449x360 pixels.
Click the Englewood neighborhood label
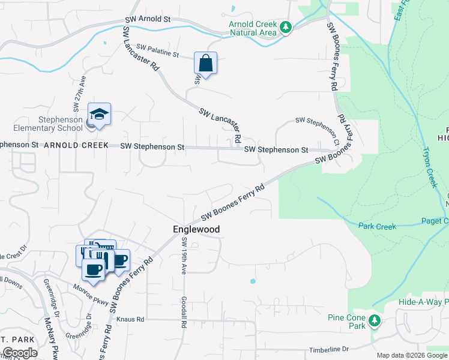tap(196, 229)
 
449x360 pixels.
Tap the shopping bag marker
tap(205, 64)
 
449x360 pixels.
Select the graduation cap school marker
tap(100, 115)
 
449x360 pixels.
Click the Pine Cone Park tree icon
tap(375, 320)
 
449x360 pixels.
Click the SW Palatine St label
tap(158, 50)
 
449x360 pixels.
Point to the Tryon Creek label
tap(430, 167)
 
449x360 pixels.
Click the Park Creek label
tap(378, 226)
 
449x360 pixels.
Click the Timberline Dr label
tap(328, 349)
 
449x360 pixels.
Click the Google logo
tap(20, 353)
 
